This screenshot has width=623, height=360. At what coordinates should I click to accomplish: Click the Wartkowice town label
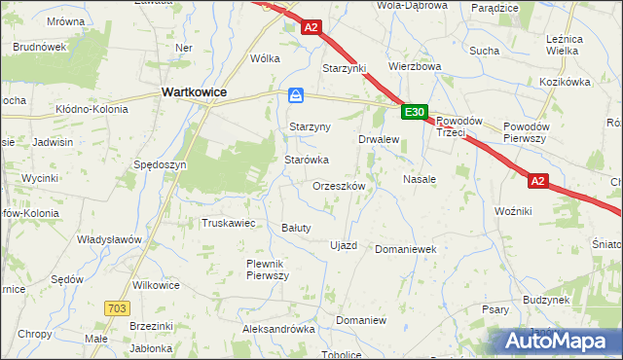pos(193,91)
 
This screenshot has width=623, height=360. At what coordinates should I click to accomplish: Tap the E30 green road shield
pos(415,113)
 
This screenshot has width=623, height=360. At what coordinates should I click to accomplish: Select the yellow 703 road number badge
pos(117,308)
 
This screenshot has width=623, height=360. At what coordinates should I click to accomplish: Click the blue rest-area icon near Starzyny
pos(297,95)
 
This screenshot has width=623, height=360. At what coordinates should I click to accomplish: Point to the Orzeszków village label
pos(339,185)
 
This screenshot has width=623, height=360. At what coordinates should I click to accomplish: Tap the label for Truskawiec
pos(228,223)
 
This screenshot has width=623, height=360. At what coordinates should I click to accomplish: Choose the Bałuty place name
pos(295,228)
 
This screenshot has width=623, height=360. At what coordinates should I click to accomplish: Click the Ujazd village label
pos(344,244)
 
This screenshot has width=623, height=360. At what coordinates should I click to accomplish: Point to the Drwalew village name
pos(380,139)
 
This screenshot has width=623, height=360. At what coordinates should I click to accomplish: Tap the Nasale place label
pos(419,180)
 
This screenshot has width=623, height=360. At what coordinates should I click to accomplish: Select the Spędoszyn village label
pos(160,165)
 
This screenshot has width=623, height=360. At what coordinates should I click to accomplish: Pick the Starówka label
pos(306,159)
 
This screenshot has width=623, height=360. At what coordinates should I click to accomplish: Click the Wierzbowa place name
pos(415,67)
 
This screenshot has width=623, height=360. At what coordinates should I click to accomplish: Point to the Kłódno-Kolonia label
pos(92,109)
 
